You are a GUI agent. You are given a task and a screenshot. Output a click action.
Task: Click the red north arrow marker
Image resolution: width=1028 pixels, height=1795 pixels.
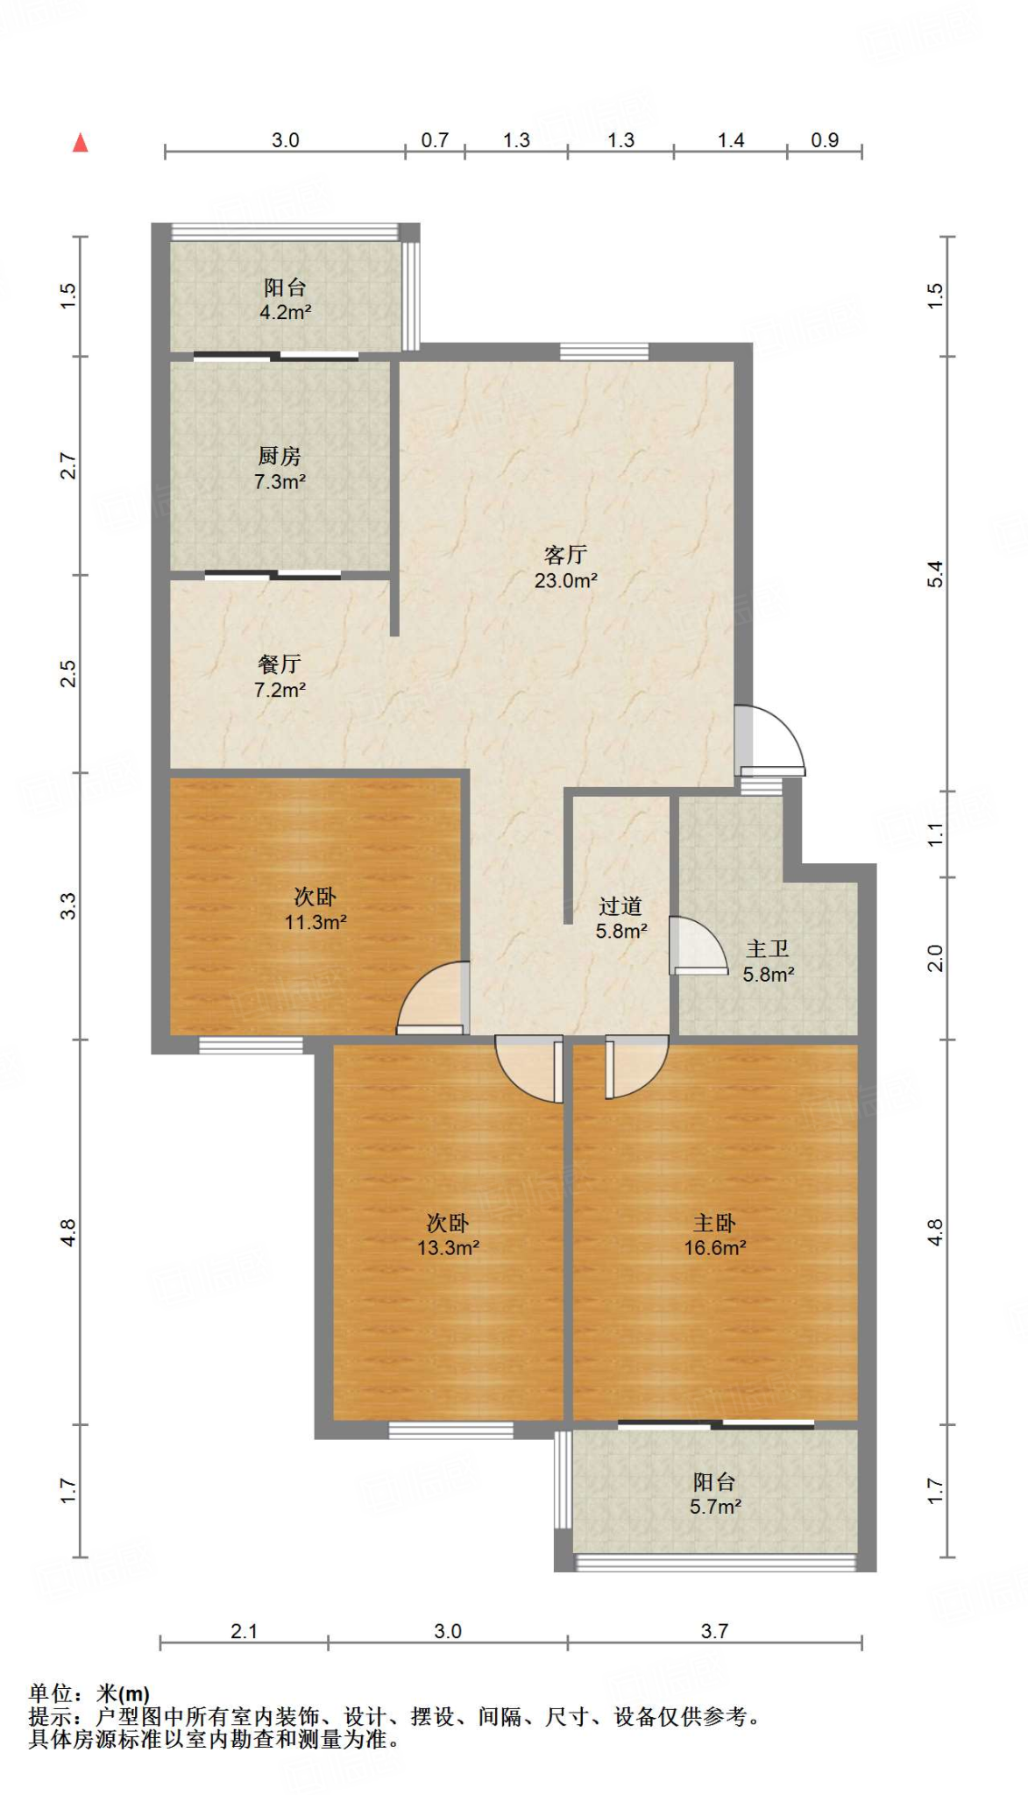click(x=81, y=143)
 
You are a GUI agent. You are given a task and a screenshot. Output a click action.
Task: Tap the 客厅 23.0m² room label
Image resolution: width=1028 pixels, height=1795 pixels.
click(x=566, y=567)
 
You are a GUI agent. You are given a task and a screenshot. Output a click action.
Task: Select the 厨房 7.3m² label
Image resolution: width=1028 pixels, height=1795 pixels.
click(x=280, y=468)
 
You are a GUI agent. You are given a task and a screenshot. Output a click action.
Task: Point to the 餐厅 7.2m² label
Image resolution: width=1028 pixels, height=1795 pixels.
click(x=280, y=677)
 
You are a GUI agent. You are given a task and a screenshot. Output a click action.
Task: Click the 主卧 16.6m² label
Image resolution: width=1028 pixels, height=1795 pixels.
click(x=714, y=1235)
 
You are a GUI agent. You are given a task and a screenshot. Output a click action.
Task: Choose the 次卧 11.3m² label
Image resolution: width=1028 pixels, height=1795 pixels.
click(x=315, y=909)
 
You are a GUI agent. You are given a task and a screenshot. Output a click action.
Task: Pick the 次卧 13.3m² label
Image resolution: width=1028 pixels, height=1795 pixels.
click(x=448, y=1235)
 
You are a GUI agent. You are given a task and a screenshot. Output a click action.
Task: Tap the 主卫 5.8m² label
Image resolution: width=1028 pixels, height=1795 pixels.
click(x=768, y=961)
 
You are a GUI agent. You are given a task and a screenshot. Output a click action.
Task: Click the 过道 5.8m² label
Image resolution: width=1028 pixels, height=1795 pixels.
click(x=620, y=918)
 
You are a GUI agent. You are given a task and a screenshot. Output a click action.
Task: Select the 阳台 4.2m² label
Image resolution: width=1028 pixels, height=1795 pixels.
click(x=285, y=299)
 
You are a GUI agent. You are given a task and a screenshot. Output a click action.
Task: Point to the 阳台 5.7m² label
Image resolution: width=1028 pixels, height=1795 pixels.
click(x=714, y=1493)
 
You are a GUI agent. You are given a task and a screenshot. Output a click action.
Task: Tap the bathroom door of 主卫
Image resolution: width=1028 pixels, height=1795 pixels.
click(x=696, y=947)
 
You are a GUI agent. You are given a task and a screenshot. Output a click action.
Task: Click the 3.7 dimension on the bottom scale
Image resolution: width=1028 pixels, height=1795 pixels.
click(x=714, y=1631)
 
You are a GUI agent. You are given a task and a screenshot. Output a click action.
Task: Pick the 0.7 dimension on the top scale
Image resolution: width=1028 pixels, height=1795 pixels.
click(x=435, y=140)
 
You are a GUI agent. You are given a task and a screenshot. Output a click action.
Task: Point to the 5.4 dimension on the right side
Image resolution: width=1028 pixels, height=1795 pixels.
click(x=935, y=573)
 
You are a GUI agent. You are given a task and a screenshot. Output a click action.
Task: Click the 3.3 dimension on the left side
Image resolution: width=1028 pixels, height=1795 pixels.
click(x=68, y=905)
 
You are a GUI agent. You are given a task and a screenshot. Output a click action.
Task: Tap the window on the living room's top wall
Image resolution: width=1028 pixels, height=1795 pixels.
click(x=604, y=351)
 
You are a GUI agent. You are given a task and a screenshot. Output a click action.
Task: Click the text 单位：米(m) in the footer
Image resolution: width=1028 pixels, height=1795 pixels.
click(x=89, y=1694)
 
